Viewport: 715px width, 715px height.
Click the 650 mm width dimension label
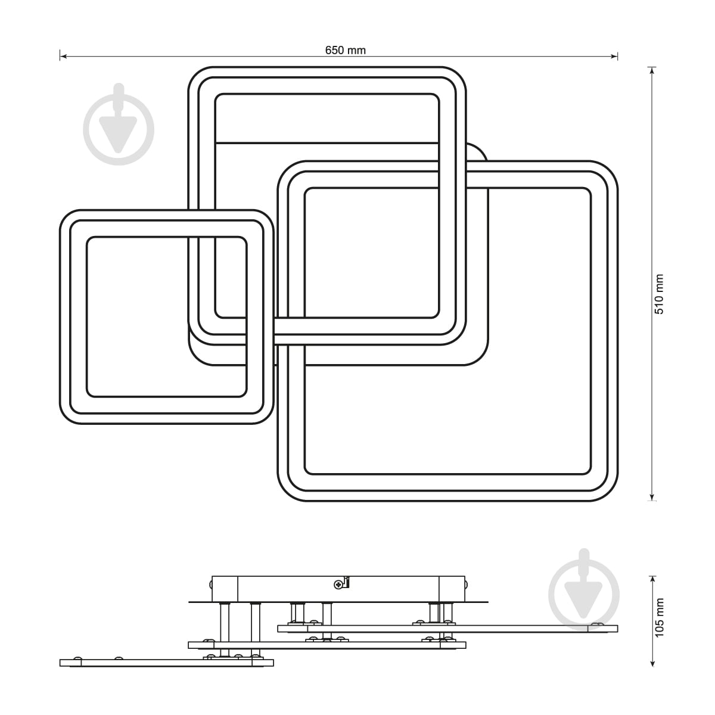(346, 50)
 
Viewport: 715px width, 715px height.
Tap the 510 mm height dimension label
(659, 294)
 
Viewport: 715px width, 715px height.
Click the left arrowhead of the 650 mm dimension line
(63, 57)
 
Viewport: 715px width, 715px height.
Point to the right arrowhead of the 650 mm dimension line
(614, 57)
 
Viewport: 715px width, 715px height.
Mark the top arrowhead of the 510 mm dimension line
(652, 70)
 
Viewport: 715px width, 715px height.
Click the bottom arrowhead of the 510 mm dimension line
(652, 497)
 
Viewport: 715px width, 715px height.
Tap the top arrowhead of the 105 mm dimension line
(652, 580)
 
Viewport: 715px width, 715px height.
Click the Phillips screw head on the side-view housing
(338, 585)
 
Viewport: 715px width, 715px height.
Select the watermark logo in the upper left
(119, 125)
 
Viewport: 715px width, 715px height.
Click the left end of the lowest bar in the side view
(60, 663)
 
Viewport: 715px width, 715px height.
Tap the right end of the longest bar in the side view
(617, 629)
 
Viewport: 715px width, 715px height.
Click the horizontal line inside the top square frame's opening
(327, 142)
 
